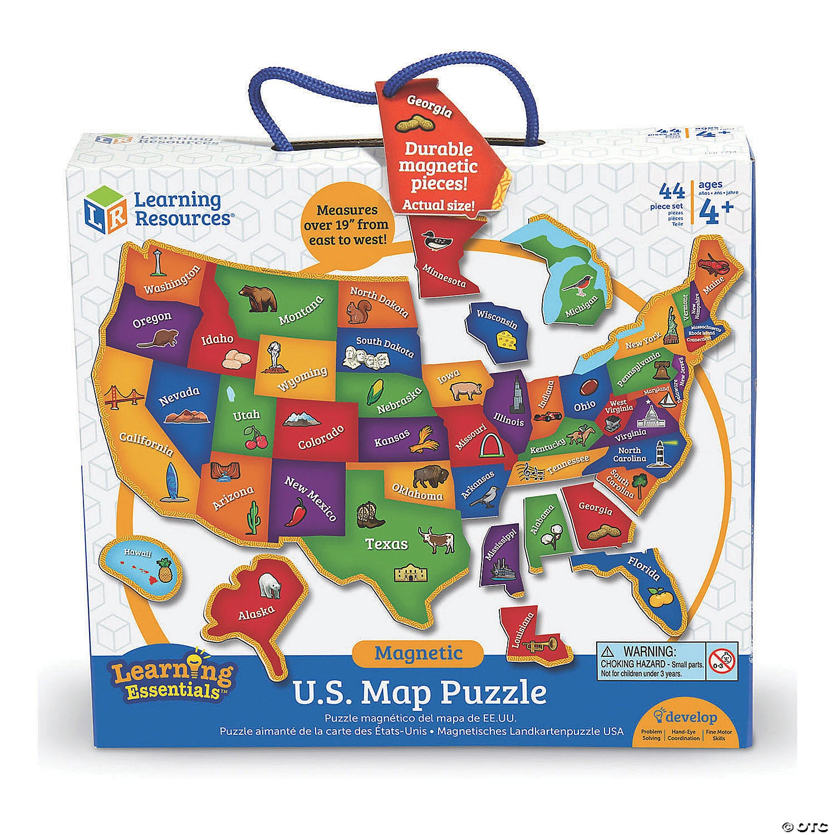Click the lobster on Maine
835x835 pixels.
713,263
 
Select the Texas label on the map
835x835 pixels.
386,544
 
